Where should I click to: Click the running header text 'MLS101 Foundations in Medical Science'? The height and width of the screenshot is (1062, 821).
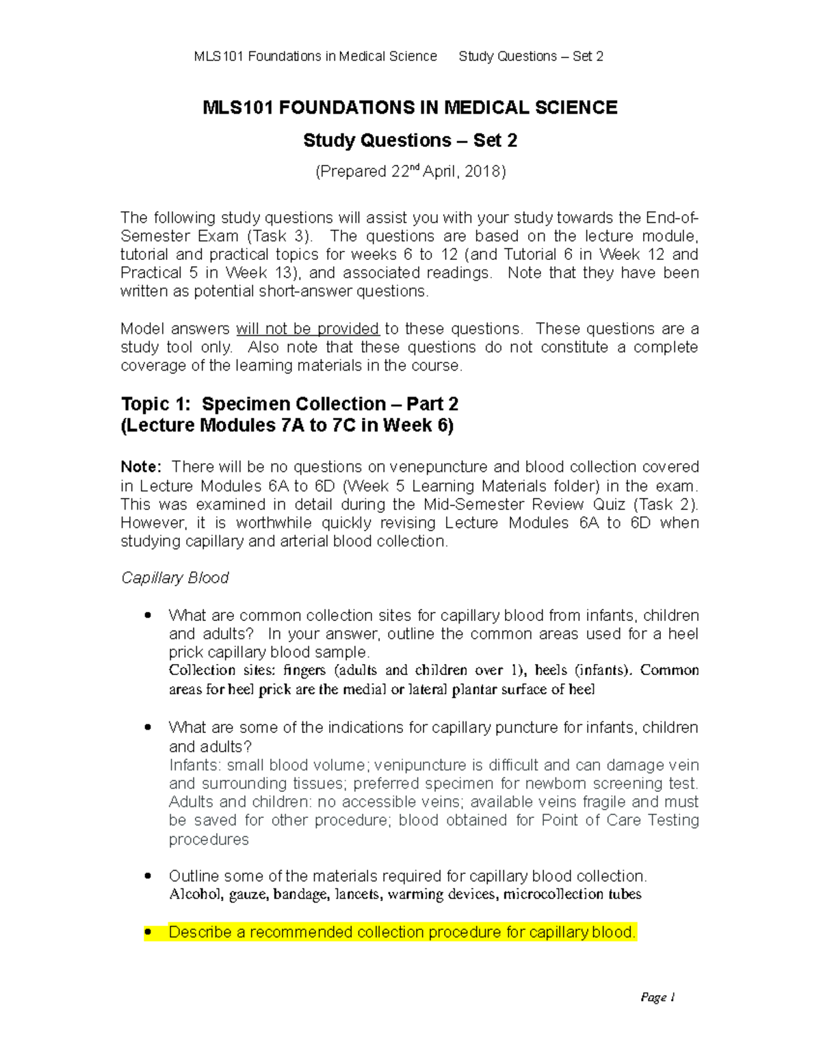(315, 56)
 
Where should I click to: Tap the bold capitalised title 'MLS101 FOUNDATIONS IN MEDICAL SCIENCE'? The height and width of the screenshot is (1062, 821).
(410, 108)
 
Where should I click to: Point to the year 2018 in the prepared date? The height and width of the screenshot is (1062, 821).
(482, 172)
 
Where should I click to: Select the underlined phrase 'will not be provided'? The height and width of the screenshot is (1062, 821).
(307, 329)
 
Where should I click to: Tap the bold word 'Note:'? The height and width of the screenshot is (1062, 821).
(141, 467)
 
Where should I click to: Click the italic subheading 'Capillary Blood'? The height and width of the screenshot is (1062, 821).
(174, 578)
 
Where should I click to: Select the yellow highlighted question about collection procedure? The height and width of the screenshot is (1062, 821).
(402, 932)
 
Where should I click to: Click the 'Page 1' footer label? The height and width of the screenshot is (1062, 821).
(657, 997)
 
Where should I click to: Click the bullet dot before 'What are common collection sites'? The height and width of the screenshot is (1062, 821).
(147, 615)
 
